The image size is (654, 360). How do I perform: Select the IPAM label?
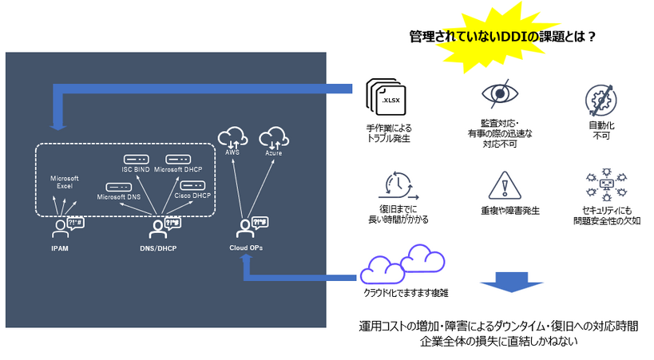60,248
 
